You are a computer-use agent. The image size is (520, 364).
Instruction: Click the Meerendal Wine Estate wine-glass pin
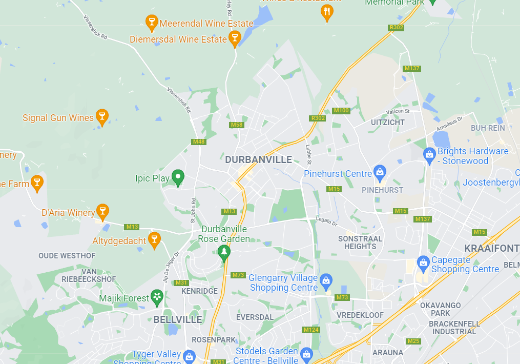coord(151,22)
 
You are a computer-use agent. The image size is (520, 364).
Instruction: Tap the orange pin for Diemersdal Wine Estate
coord(235,37)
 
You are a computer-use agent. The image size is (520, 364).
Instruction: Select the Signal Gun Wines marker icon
coord(102,116)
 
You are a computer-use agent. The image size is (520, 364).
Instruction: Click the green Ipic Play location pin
coord(178,177)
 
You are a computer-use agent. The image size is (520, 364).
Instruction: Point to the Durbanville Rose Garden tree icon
coord(223,252)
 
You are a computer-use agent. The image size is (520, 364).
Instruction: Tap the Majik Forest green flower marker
coord(157,296)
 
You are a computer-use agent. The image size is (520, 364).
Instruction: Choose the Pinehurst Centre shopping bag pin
coord(380,172)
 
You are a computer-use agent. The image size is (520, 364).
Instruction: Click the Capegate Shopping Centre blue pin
coord(423,262)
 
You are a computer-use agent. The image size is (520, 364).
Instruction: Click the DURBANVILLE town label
coord(259,159)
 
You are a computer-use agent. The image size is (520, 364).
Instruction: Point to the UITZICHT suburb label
coord(388,123)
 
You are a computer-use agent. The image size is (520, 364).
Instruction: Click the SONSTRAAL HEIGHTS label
coord(360,242)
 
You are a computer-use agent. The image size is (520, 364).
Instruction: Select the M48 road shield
coord(199,141)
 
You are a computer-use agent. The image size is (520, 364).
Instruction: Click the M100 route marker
coord(341,111)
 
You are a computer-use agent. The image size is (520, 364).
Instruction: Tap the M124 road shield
coord(311,330)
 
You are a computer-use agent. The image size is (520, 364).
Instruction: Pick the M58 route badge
coord(237,125)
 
